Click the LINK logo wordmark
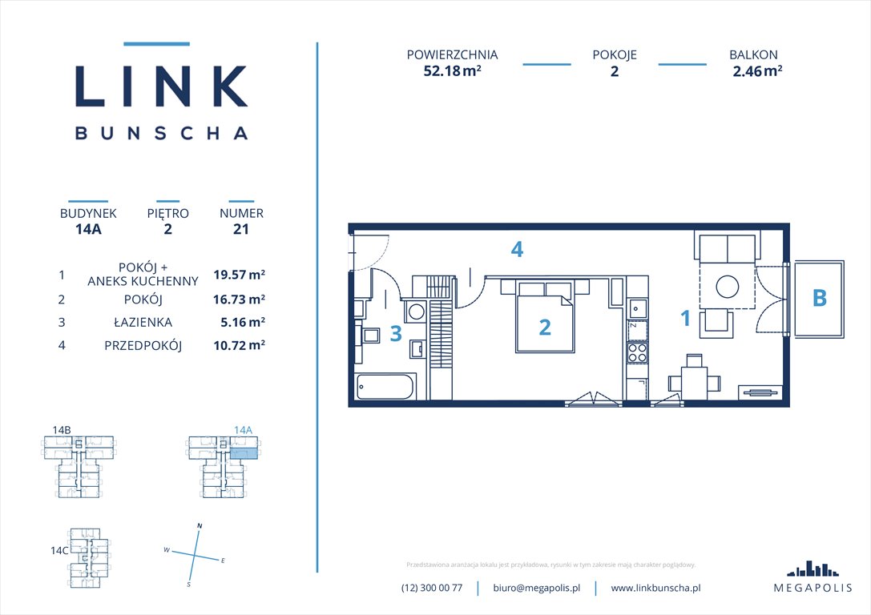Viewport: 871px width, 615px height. (161, 86)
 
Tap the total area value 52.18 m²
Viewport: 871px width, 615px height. (452, 70)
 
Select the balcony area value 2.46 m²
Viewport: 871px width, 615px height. (756, 70)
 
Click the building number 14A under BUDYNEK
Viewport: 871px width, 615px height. (88, 229)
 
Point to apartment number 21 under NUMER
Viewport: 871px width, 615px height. (241, 229)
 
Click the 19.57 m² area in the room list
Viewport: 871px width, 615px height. (239, 275)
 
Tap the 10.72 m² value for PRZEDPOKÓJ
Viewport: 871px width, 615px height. (239, 345)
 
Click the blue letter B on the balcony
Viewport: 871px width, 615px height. (819, 298)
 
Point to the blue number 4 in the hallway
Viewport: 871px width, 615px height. (518, 250)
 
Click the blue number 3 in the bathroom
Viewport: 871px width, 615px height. (395, 333)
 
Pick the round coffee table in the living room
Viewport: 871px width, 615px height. (728, 287)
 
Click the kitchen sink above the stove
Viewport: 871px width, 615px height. (637, 307)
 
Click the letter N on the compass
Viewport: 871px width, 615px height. (199, 526)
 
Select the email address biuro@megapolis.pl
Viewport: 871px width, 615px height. (535, 588)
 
